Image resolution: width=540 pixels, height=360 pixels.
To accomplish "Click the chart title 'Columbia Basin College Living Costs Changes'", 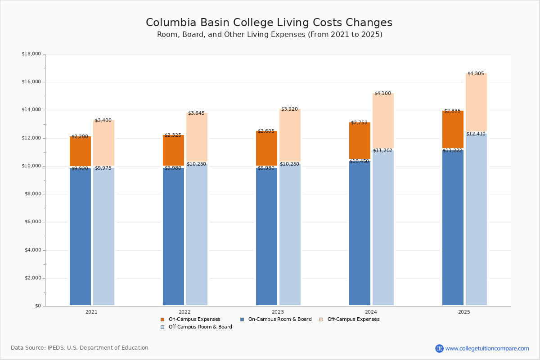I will click(269, 23).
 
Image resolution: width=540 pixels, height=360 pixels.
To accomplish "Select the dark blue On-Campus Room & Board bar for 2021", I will click(80, 236).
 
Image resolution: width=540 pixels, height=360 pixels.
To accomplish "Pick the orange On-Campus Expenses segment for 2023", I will click(266, 148).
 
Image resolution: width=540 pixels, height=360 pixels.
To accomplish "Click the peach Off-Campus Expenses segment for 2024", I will click(383, 121).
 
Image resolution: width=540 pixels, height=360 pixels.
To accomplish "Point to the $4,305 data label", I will click(476, 73).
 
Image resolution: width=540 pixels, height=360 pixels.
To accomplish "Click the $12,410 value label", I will click(476, 134).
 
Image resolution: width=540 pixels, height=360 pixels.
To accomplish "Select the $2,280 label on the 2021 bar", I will click(80, 136).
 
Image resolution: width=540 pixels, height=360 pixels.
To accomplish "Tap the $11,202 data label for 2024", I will click(382, 150).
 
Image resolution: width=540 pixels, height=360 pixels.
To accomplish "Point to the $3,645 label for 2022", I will click(196, 113).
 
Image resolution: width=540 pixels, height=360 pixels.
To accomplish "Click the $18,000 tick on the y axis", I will click(31, 54).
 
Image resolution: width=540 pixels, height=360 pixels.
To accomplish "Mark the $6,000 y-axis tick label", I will click(32, 222).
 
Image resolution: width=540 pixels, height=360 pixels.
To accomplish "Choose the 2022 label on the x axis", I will click(184, 312).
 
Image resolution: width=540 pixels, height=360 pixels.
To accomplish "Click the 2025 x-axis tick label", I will click(464, 312).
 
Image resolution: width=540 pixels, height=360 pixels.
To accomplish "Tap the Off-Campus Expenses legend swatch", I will click(321, 319).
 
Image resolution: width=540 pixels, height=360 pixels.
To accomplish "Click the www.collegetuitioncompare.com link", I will click(487, 348).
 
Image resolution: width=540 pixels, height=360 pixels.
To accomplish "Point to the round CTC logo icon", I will click(439, 348).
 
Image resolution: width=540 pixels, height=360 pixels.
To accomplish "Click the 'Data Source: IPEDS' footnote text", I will click(80, 348).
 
